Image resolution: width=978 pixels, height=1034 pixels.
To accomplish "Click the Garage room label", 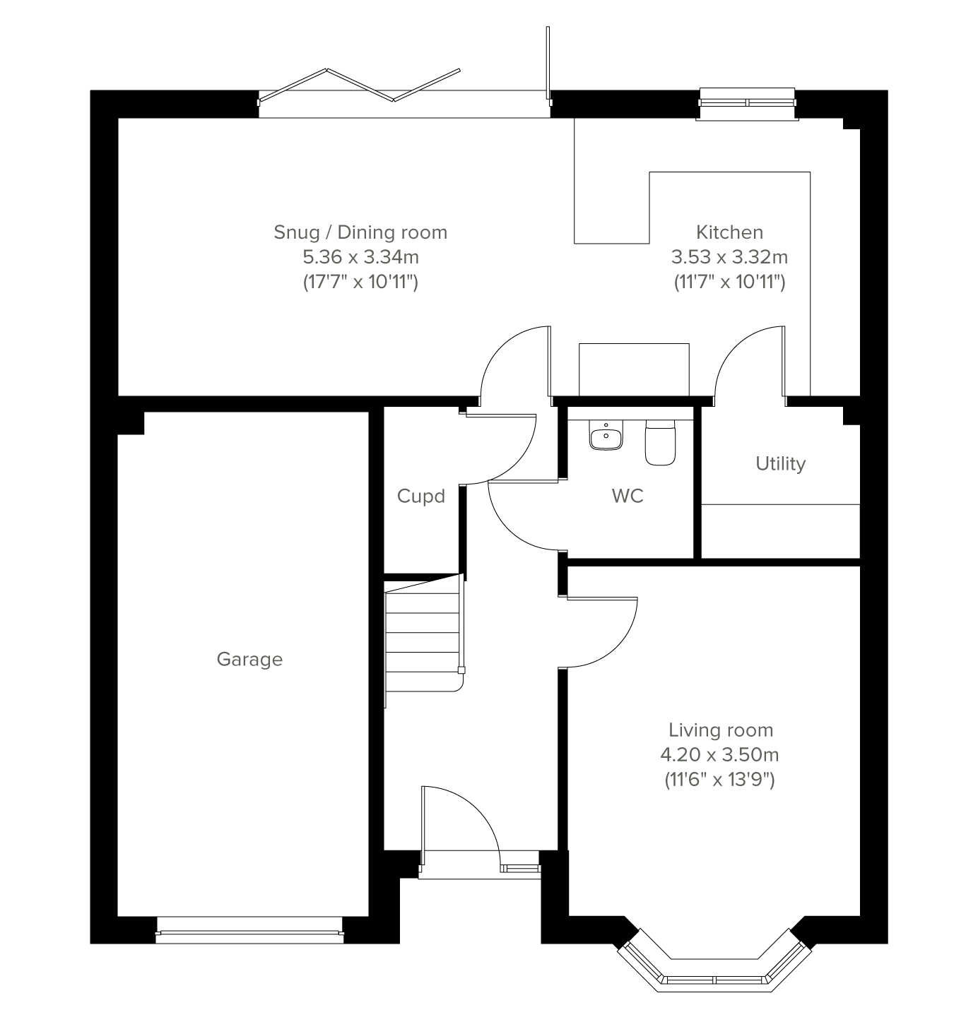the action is coord(249,660).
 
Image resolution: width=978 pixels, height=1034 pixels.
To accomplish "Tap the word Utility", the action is coord(780,463).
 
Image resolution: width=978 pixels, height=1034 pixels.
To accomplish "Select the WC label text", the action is coord(628,495).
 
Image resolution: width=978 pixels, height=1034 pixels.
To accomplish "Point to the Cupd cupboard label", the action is coord(420,496).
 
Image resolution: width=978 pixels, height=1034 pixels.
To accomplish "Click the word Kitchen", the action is coord(729,232).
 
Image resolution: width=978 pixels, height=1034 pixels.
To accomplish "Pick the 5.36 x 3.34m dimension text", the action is coord(360,256).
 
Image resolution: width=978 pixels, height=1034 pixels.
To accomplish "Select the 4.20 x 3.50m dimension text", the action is coord(719,754).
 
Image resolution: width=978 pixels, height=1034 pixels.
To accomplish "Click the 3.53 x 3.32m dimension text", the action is coord(729,256).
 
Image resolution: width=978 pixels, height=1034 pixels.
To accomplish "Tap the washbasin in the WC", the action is coord(606,435).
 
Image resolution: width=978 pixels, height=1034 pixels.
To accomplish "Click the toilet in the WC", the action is coord(660,442).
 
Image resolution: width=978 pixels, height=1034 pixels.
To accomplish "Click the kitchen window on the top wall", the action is coord(747,104).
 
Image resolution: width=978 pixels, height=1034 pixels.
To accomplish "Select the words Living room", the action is coord(720,730).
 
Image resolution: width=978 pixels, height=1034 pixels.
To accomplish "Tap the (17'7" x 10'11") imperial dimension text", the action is coord(360,282).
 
